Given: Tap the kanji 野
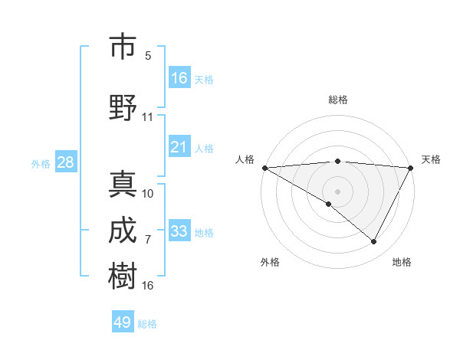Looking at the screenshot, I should pyautogui.click(x=123, y=106).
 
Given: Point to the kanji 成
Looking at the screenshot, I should pyautogui.click(x=123, y=231).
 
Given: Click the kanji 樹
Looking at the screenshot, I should pyautogui.click(x=123, y=275).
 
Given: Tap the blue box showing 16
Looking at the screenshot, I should pyautogui.click(x=179, y=77).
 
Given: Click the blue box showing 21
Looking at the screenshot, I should pyautogui.click(x=179, y=147).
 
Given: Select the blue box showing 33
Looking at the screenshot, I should pyautogui.click(x=179, y=231).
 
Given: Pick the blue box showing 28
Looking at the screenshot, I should pyautogui.click(x=65, y=162).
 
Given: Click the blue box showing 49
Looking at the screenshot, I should pyautogui.click(x=123, y=322).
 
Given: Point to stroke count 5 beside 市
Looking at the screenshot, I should pyautogui.click(x=148, y=55).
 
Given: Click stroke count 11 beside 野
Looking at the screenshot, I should pyautogui.click(x=148, y=117).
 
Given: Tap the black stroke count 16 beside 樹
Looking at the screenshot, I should pyautogui.click(x=148, y=286).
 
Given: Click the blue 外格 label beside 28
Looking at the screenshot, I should pyautogui.click(x=41, y=163).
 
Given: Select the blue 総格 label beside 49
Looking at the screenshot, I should pyautogui.click(x=147, y=324).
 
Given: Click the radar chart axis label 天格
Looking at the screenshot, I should pyautogui.click(x=431, y=159).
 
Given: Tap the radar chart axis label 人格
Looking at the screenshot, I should pyautogui.click(x=245, y=159).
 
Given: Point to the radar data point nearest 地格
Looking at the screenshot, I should pyautogui.click(x=374, y=242).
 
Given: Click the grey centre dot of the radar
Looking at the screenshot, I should pyautogui.click(x=337, y=191).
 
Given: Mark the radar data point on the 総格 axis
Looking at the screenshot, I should pyautogui.click(x=337, y=161).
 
